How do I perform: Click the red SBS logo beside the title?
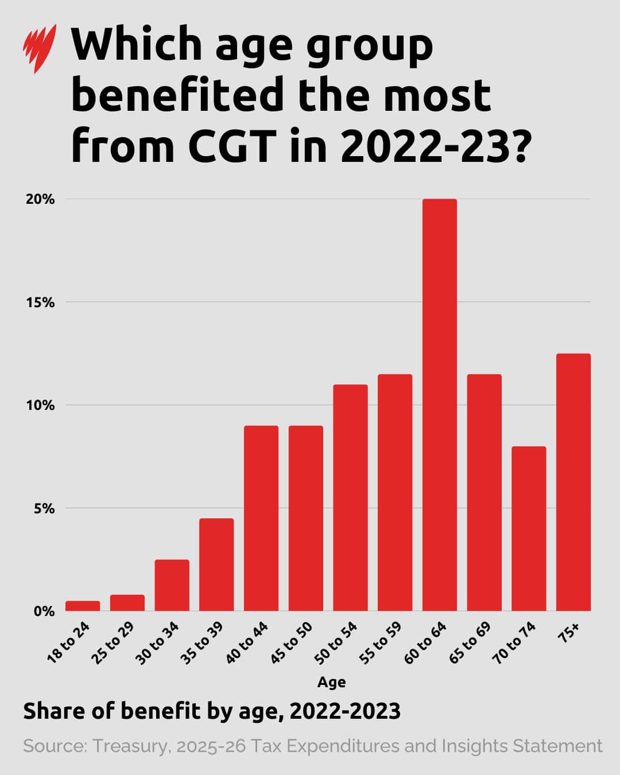pos(40,48)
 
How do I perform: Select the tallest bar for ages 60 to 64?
pos(439,405)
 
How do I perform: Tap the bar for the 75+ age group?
pos(573,482)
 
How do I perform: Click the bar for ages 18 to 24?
pos(83,606)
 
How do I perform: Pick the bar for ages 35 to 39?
pos(216,564)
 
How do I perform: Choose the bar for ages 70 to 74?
pos(528,528)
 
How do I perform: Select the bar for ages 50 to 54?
pos(350,497)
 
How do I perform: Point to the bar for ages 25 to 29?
pos(127,603)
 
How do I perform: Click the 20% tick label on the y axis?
pos(40,199)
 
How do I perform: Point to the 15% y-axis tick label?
pos(40,302)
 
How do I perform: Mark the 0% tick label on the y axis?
pos(43,611)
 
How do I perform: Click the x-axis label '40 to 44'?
pos(247,643)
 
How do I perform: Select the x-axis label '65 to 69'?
pos(470,643)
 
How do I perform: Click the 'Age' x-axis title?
pos(331,682)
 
